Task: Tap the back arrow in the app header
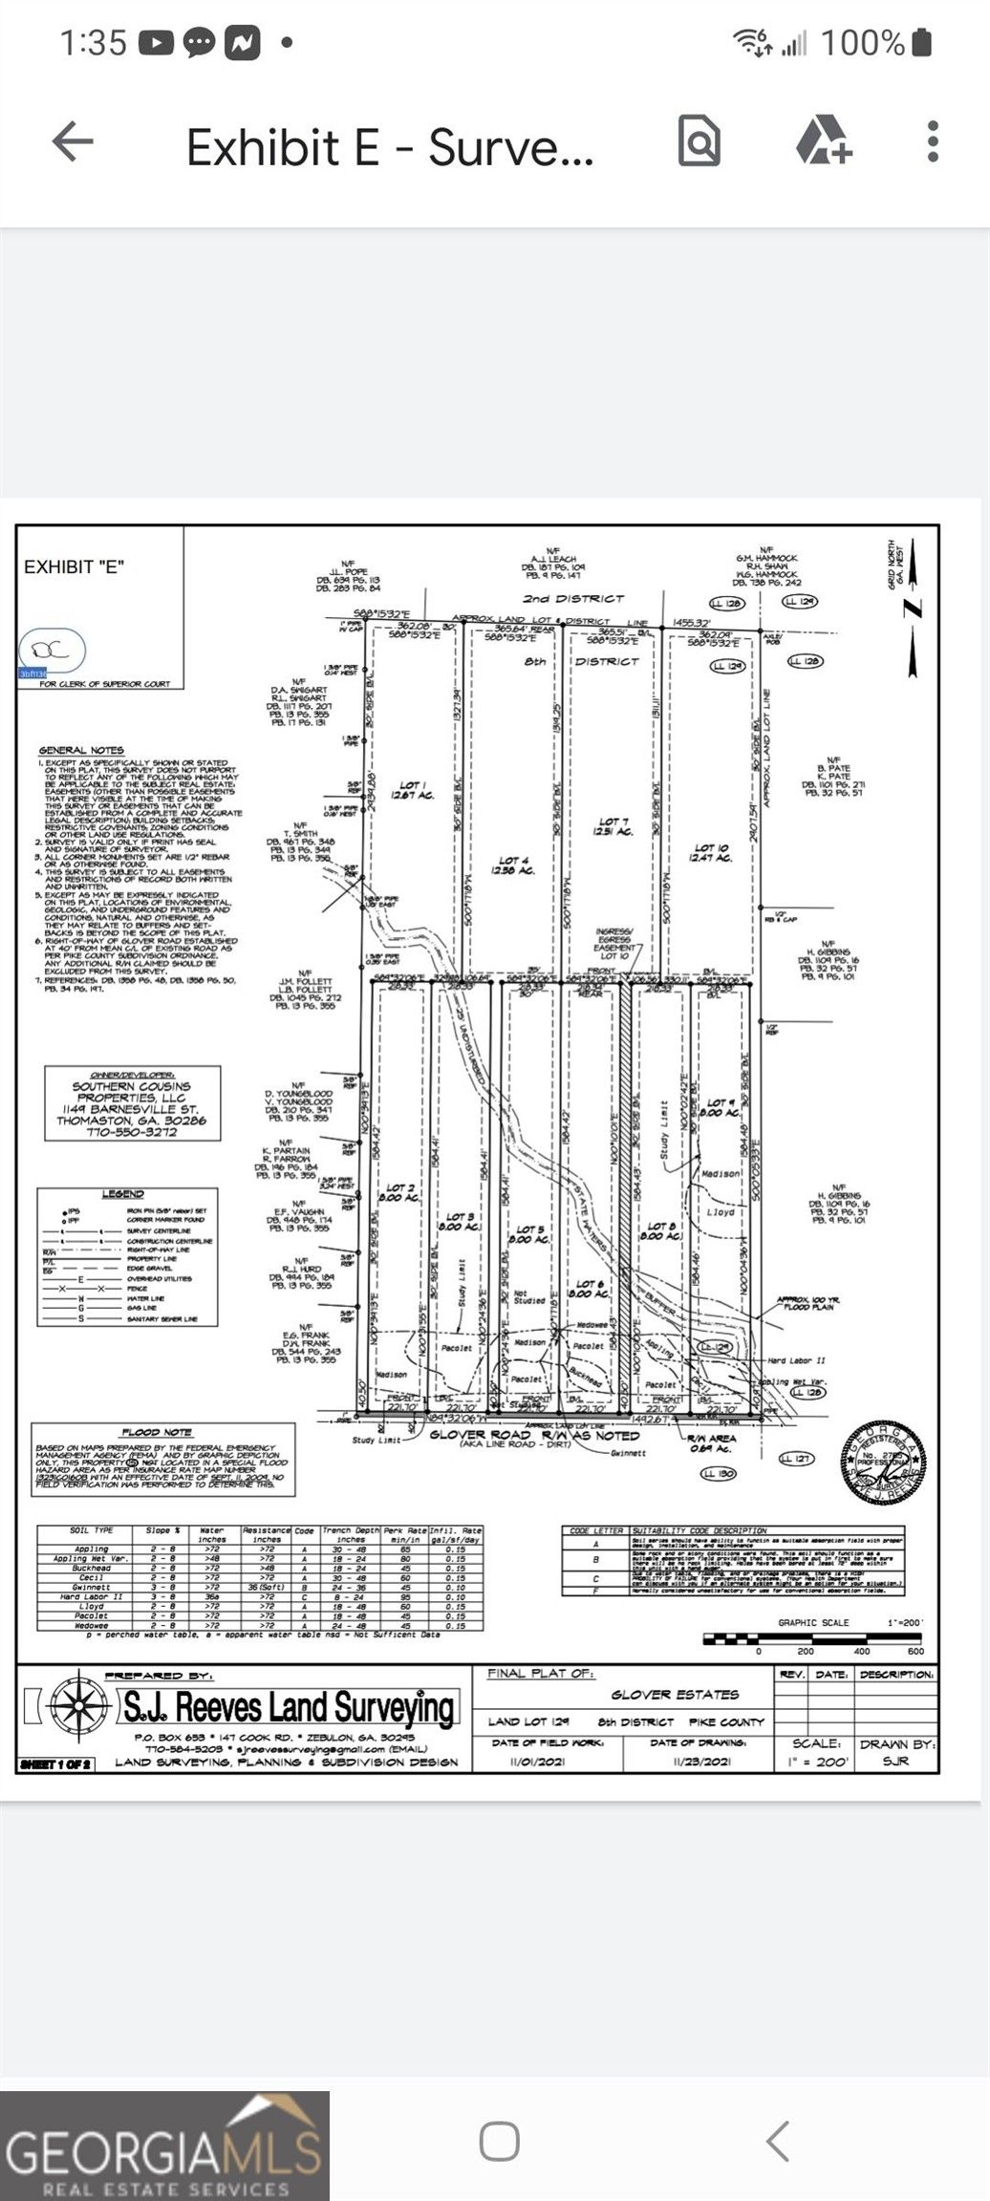[x=73, y=143]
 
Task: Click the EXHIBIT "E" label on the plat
[x=74, y=566]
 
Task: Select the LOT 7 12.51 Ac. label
[x=614, y=826]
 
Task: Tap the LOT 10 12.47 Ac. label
[x=711, y=852]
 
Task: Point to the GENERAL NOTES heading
[x=81, y=751]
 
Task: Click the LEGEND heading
[x=122, y=1194]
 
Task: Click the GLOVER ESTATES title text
[x=675, y=1695]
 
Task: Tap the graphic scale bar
[x=813, y=1640]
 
